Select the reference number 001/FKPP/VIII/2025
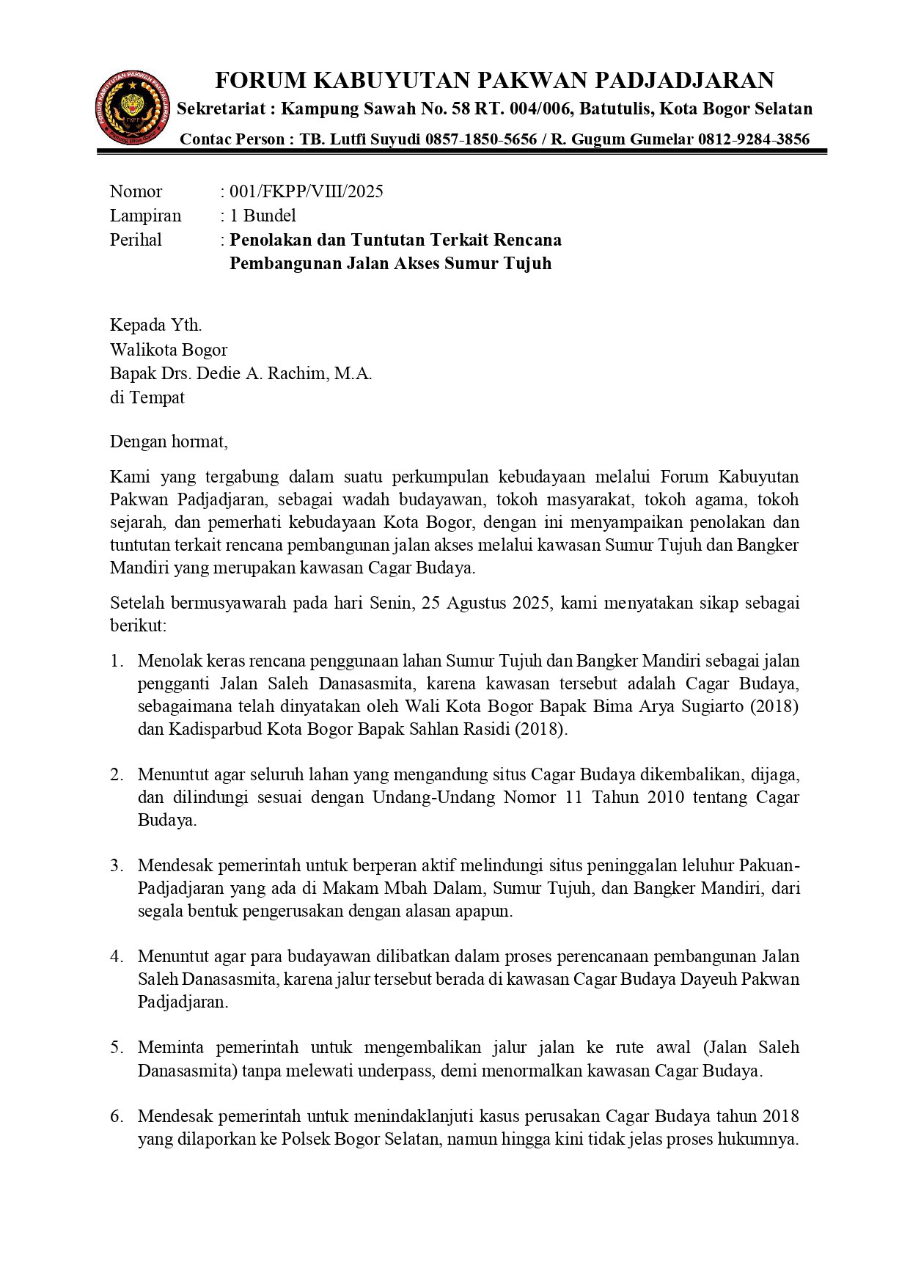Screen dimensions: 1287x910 306,192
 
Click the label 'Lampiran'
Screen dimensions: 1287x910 145,216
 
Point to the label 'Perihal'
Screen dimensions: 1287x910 136,240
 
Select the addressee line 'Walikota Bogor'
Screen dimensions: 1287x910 169,350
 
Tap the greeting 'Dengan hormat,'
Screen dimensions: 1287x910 169,441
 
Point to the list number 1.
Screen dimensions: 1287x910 117,661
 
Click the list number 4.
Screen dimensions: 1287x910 117,957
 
